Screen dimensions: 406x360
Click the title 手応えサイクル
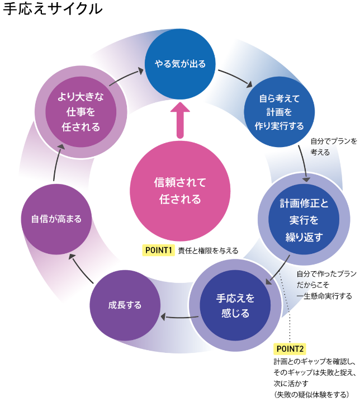[x=53, y=10]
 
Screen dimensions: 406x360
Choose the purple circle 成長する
[x=125, y=305]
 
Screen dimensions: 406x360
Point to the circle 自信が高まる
[x=56, y=219]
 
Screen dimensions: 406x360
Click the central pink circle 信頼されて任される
[x=180, y=191]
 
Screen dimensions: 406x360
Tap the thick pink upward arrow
[x=180, y=120]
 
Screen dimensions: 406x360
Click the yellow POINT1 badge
[x=159, y=250]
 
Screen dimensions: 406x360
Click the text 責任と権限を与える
[x=208, y=251]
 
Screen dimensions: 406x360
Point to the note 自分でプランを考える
[x=333, y=147]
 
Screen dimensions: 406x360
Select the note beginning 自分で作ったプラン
[x=325, y=285]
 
